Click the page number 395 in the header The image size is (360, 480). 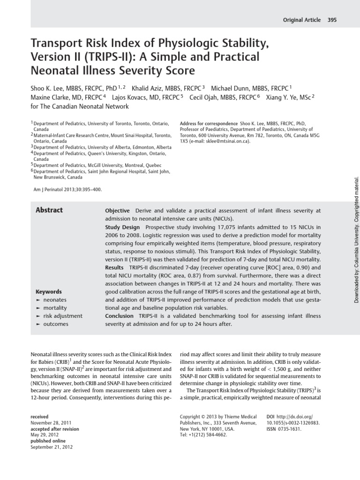(x=332, y=20)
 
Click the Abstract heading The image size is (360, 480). (x=49, y=210)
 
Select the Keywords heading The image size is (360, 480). (x=49, y=291)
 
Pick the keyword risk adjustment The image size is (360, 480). (x=62, y=316)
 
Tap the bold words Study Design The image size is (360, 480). (x=122, y=227)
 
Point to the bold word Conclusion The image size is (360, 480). (x=119, y=316)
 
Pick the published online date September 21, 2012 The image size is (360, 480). (x=52, y=447)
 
